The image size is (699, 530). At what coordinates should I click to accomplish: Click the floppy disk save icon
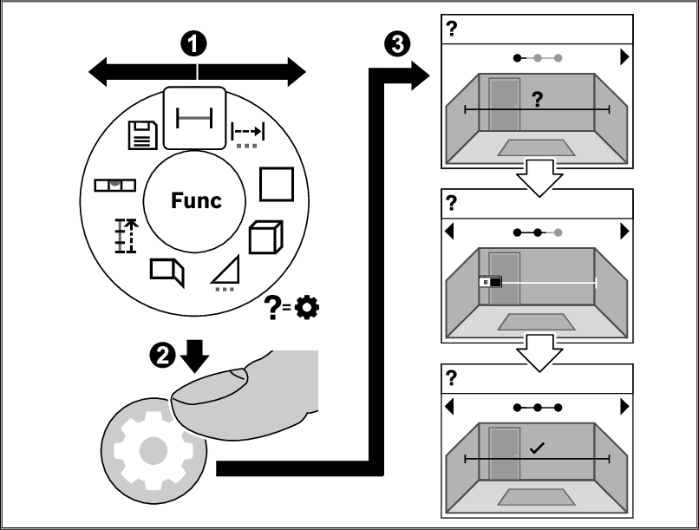[142, 135]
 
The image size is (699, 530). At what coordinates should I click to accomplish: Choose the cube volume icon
[265, 237]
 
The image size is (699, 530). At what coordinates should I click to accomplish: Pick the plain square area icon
[276, 183]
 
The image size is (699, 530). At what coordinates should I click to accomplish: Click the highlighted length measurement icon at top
[195, 116]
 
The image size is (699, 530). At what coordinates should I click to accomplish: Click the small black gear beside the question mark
[306, 305]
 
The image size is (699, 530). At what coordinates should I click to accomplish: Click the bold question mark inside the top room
[537, 100]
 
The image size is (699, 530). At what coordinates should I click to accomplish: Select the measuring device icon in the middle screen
[490, 281]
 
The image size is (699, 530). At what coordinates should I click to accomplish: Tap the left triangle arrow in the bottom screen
[449, 406]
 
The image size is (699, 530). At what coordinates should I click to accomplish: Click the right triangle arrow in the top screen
[624, 59]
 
